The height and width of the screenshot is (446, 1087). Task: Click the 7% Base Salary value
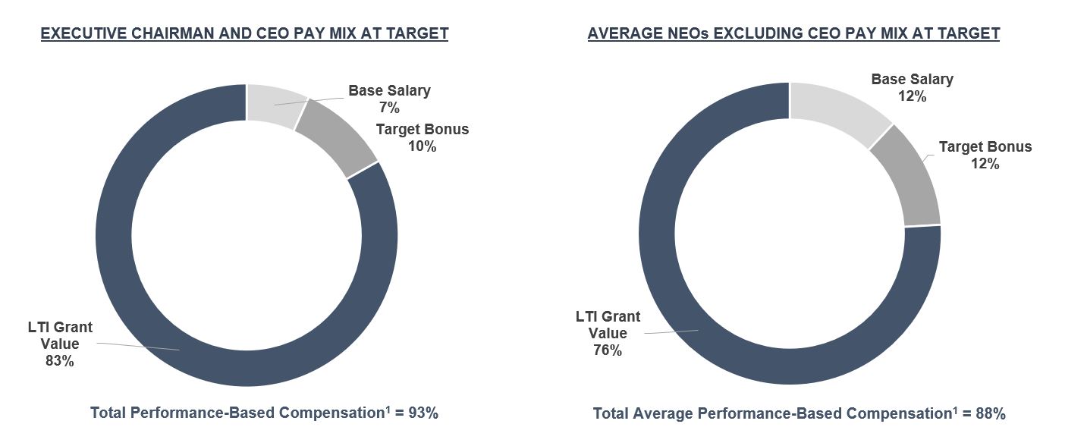click(389, 108)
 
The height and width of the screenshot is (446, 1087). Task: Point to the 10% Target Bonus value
click(422, 146)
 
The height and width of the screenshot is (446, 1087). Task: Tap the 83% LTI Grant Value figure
click(60, 361)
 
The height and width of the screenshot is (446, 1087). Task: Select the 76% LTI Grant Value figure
click(607, 350)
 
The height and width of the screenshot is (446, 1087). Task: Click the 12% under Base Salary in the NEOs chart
click(912, 96)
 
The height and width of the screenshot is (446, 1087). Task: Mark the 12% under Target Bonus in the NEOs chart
click(985, 164)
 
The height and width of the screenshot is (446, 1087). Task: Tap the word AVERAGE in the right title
click(624, 33)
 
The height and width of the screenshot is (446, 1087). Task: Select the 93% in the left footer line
click(423, 413)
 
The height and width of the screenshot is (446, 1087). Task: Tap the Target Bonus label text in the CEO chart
click(422, 129)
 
